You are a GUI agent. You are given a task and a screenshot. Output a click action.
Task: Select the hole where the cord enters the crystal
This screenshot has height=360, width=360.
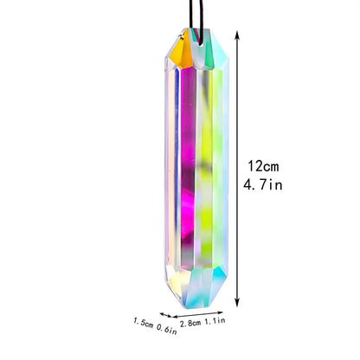pyautogui.click(x=195, y=35)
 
